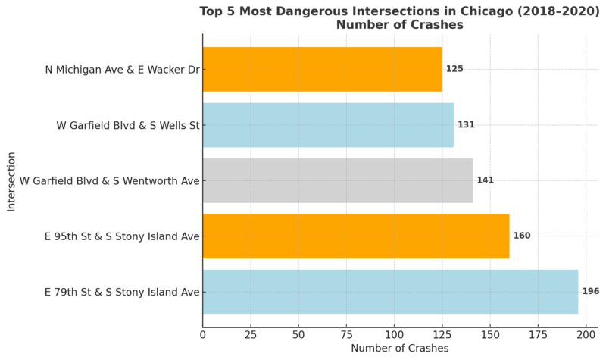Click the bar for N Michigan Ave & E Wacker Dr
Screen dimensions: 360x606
coord(322,69)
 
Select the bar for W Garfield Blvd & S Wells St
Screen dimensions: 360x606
coord(327,124)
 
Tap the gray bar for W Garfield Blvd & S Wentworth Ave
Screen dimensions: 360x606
coord(337,180)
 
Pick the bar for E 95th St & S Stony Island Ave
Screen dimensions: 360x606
coord(355,236)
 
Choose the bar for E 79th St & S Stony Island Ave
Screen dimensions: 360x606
coord(390,292)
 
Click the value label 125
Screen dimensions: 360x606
coord(454,69)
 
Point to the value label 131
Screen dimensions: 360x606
coord(466,124)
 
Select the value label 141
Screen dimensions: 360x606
coord(485,180)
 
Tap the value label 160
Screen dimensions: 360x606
coord(521,236)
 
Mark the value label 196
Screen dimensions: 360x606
coord(590,292)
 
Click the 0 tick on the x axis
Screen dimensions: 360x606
coord(203,333)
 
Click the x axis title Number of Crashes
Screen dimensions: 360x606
coord(399,348)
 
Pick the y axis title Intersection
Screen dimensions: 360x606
coord(11,180)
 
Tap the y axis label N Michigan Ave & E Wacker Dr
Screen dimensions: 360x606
coord(122,69)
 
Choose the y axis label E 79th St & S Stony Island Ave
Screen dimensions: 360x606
coord(122,292)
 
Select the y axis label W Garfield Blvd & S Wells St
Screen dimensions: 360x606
coord(127,124)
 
